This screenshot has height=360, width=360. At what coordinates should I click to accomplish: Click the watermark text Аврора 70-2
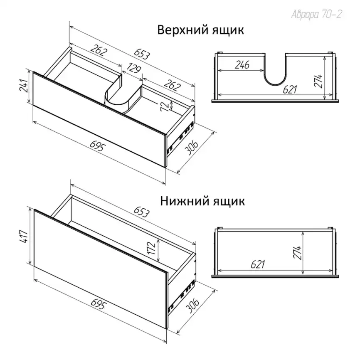tap(317, 15)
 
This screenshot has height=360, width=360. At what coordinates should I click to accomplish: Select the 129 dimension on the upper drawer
tap(133, 68)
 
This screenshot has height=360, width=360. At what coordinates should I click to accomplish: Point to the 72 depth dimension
tap(165, 106)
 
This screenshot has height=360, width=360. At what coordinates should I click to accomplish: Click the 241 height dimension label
tap(24, 86)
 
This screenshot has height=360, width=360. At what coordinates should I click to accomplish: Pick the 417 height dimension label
tap(24, 237)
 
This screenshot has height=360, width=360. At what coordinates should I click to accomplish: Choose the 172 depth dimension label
tap(152, 248)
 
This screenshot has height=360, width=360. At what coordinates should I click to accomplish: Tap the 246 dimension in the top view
tap(242, 65)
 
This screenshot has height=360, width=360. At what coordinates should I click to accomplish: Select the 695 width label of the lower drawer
tap(99, 305)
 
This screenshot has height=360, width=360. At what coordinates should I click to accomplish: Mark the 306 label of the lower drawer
tap(192, 306)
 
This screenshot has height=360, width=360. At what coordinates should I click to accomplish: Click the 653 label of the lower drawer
tap(142, 212)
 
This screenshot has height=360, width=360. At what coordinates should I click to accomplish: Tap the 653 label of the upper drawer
tap(142, 54)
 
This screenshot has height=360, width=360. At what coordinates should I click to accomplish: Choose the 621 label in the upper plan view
tap(290, 89)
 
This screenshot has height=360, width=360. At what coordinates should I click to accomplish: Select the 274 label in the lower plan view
tap(298, 253)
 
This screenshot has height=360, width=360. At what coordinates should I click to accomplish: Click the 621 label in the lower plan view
tap(258, 264)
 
